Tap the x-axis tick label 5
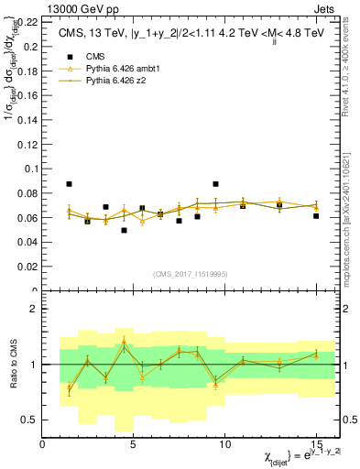point(134,444)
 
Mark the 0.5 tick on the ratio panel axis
point(29,420)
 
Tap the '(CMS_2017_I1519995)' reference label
point(190,273)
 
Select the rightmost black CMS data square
point(316,216)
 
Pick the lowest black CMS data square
point(124,230)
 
